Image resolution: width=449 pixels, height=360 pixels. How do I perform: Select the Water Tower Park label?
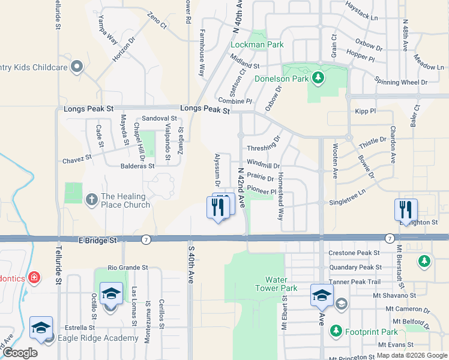282,284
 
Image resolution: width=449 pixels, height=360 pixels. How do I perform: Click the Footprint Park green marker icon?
335,331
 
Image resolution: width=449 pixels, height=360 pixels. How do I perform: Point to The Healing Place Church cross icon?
92,199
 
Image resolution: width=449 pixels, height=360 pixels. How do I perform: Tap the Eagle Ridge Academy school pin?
41,328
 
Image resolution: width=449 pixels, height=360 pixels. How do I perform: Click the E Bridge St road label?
97,240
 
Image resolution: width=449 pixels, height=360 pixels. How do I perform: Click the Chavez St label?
77,160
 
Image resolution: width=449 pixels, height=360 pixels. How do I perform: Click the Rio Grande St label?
128,267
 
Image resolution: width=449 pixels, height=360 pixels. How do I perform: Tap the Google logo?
20,353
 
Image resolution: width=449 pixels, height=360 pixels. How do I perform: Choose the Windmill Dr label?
263,166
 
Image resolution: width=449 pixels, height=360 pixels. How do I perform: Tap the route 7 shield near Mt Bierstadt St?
390,238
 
